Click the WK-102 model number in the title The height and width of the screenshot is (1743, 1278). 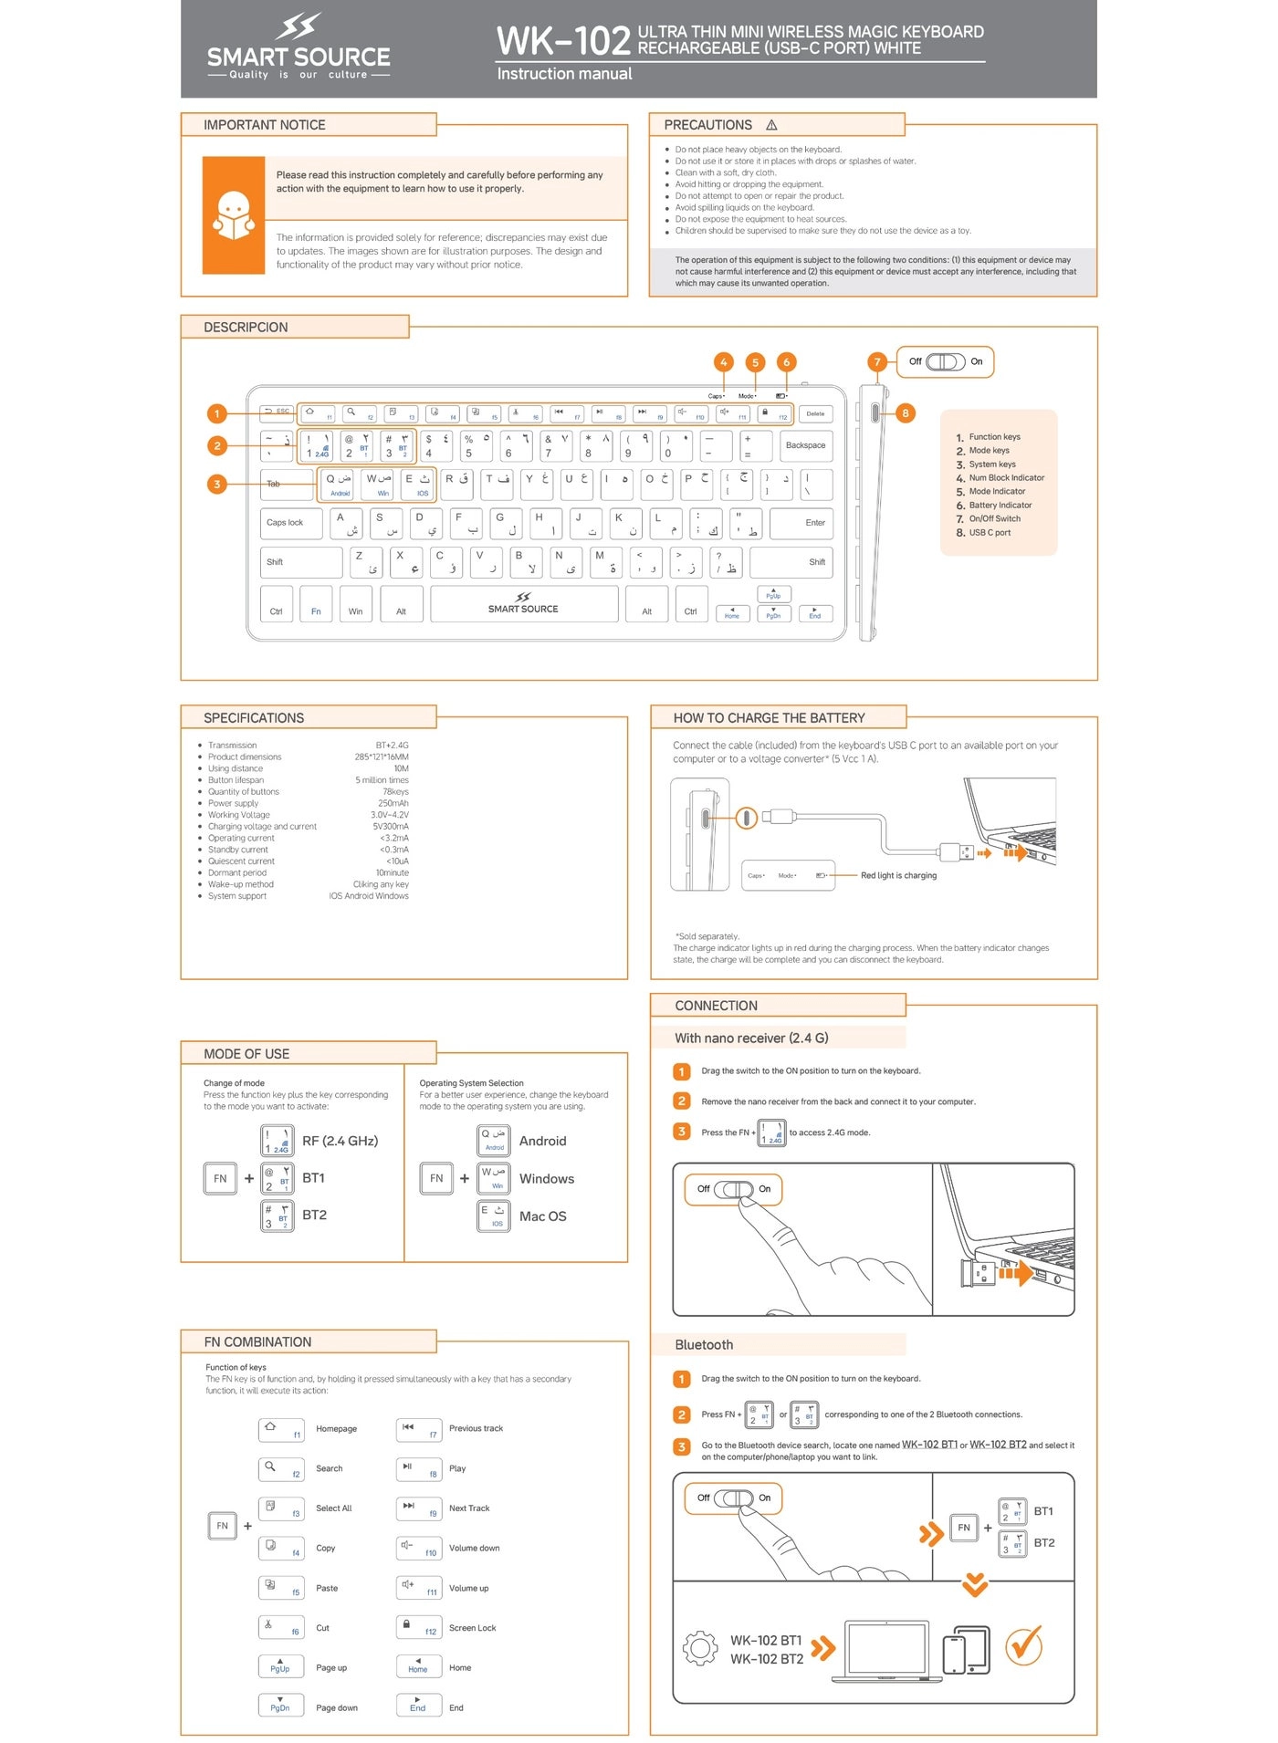(562, 41)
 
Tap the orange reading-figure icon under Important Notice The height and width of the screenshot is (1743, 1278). (233, 215)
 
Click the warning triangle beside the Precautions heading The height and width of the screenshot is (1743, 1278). (771, 125)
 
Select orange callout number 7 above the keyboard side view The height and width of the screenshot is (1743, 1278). (876, 361)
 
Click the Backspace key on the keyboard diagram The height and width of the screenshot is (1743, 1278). (805, 445)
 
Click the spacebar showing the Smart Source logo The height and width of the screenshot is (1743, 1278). (523, 604)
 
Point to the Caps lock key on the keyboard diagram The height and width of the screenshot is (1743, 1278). (290, 523)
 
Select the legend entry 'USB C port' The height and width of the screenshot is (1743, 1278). (990, 533)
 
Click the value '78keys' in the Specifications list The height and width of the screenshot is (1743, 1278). (395, 792)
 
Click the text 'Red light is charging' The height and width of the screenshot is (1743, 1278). (898, 876)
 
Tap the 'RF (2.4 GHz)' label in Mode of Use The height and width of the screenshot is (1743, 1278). (340, 1141)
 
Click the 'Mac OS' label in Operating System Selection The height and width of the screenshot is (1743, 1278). (542, 1216)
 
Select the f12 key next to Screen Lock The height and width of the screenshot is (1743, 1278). (419, 1627)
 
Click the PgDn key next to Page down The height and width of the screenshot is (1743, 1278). (280, 1705)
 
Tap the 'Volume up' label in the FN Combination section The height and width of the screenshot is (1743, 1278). (468, 1588)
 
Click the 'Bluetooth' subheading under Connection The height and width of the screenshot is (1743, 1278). (704, 1345)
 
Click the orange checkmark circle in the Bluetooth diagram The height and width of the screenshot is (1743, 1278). (1023, 1645)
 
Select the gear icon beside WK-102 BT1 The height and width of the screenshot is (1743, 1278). (700, 1647)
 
